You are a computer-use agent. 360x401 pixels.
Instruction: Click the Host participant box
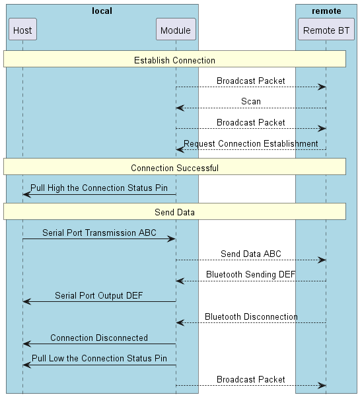(22, 30)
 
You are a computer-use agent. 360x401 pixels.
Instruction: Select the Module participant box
(176, 30)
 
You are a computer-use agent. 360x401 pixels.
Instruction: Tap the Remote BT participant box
(326, 30)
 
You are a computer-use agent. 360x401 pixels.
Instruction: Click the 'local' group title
(102, 11)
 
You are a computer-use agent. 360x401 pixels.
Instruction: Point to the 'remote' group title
(326, 11)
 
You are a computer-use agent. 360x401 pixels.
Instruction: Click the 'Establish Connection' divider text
(174, 60)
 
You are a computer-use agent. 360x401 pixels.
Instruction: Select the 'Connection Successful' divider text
(174, 168)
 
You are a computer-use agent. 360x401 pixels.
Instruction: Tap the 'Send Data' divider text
(174, 212)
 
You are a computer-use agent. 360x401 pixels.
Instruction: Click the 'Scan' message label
(251, 102)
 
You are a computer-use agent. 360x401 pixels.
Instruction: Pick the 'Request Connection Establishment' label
(251, 143)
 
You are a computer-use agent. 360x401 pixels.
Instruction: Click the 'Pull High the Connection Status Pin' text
(99, 188)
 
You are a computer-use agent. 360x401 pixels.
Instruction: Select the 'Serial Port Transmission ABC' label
(99, 233)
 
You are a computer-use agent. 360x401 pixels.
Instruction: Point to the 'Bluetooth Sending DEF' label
(251, 274)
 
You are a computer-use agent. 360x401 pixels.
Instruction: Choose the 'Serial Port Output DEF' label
(99, 295)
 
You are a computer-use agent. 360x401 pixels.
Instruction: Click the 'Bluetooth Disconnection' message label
(251, 316)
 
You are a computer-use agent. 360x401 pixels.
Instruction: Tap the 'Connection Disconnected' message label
(99, 338)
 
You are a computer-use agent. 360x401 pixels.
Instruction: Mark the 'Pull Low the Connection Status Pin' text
(99, 358)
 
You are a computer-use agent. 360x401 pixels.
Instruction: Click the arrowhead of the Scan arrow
(180, 108)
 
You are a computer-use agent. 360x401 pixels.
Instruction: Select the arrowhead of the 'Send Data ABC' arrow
(322, 260)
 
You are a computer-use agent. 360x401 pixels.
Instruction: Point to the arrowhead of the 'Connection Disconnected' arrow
(26, 344)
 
